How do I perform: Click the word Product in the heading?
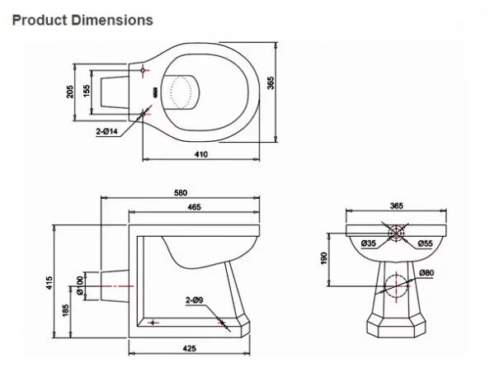40,20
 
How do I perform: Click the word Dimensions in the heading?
112,20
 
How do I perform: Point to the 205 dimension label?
70,92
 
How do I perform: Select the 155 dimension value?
87,91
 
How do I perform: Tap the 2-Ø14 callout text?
107,131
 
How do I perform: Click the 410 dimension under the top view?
201,154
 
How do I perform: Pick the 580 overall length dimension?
181,192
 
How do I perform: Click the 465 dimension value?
194,207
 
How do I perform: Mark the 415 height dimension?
49,283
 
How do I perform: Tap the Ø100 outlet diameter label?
80,285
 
